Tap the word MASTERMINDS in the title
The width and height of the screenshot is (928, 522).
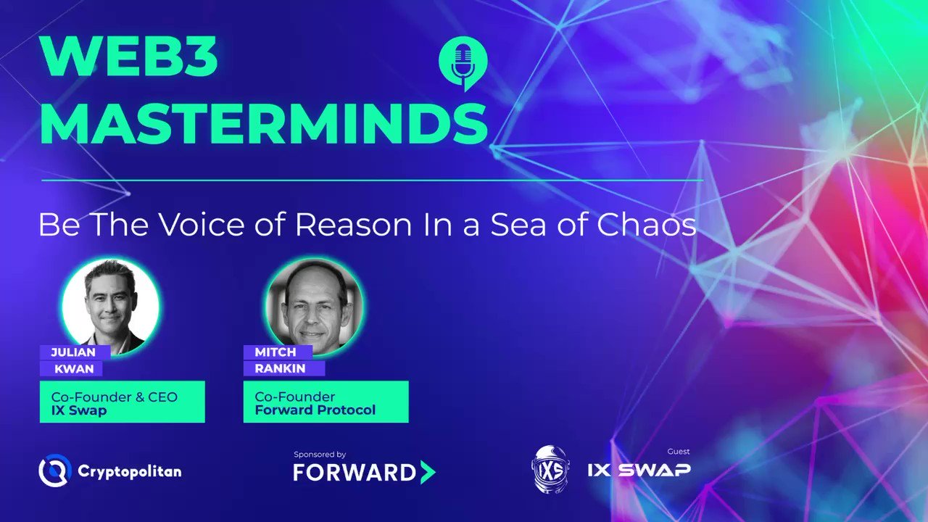coord(263,124)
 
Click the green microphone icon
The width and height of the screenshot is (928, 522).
coord(463,64)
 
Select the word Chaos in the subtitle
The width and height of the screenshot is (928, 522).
coord(647,225)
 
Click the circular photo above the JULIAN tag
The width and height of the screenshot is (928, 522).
coord(110,306)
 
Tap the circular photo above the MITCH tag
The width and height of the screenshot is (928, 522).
coord(315,306)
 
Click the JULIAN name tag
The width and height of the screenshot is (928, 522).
coord(73,352)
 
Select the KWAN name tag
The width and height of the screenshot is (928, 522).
coord(73,368)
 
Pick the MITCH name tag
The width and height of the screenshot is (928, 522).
coord(275,352)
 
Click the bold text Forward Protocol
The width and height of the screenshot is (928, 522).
coord(315,410)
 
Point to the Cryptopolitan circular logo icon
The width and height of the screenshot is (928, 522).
coord(54,471)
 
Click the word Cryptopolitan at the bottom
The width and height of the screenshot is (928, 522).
coord(129,471)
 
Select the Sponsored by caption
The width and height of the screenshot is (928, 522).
coord(320,455)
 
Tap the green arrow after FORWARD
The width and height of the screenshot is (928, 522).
coord(428,473)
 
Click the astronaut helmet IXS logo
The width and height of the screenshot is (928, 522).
coord(551,469)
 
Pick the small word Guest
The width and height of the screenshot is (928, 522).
coord(679,451)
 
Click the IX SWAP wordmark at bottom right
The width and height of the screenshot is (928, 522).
coord(639,470)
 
